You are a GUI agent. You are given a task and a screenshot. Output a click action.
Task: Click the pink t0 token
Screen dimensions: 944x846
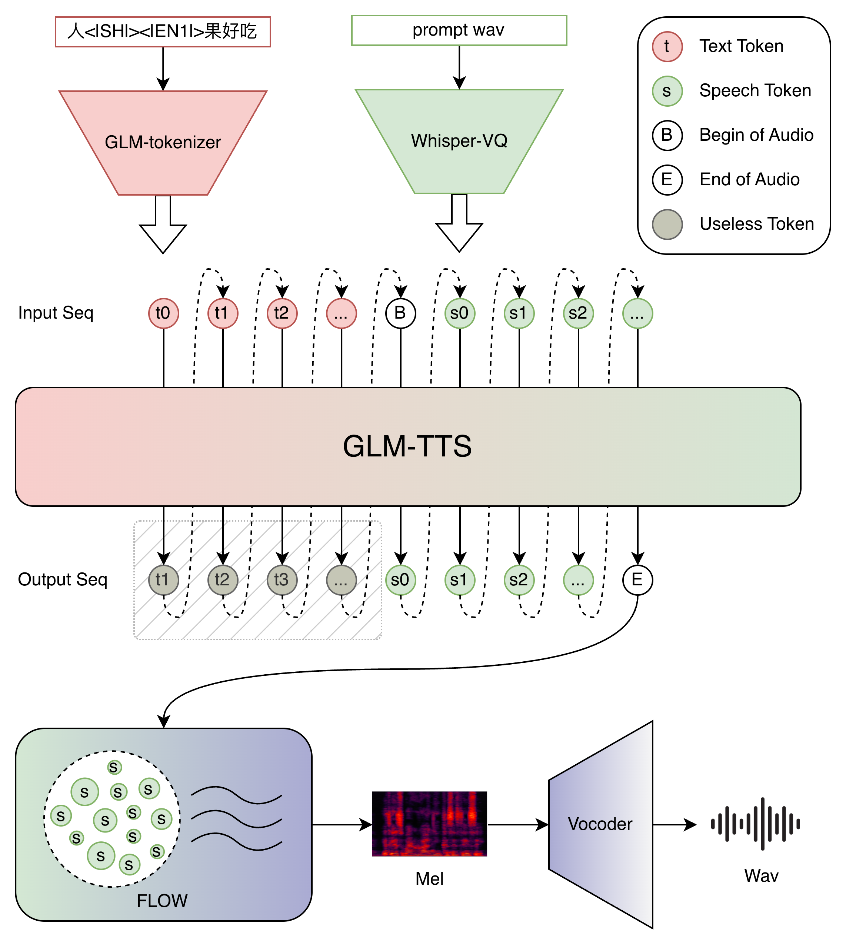[163, 313]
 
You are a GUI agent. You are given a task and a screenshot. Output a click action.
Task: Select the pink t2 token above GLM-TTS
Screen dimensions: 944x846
[282, 313]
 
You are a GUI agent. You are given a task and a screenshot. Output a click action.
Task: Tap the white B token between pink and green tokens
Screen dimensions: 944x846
[400, 313]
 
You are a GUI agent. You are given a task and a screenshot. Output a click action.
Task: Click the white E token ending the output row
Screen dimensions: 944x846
[637, 580]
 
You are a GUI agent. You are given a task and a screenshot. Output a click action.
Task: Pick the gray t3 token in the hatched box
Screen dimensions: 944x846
[282, 580]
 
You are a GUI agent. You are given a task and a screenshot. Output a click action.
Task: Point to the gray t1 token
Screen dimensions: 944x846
[163, 580]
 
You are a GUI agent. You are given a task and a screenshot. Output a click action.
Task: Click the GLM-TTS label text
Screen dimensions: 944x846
[407, 446]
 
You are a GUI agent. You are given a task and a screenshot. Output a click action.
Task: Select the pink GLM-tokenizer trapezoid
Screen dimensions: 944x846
[163, 142]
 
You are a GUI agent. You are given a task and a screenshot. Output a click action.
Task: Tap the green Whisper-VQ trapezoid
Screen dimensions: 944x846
[459, 141]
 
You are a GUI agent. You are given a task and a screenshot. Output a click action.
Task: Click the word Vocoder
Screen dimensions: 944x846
[600, 824]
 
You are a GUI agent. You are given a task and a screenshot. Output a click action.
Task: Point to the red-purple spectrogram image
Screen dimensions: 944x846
[429, 824]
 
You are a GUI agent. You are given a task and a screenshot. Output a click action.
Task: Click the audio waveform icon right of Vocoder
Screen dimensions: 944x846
[755, 824]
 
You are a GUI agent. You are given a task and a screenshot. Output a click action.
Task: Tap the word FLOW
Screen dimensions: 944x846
[162, 901]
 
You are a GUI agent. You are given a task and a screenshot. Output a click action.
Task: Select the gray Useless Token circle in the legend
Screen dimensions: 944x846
[667, 224]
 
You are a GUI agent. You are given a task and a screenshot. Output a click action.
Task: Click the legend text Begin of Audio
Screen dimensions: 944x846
[756, 135]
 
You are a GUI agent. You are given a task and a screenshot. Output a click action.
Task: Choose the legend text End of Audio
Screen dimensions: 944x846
[749, 179]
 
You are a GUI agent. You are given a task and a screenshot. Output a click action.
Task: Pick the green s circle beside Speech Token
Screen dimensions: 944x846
[667, 91]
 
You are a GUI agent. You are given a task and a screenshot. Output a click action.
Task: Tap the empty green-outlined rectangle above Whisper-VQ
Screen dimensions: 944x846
[459, 31]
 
